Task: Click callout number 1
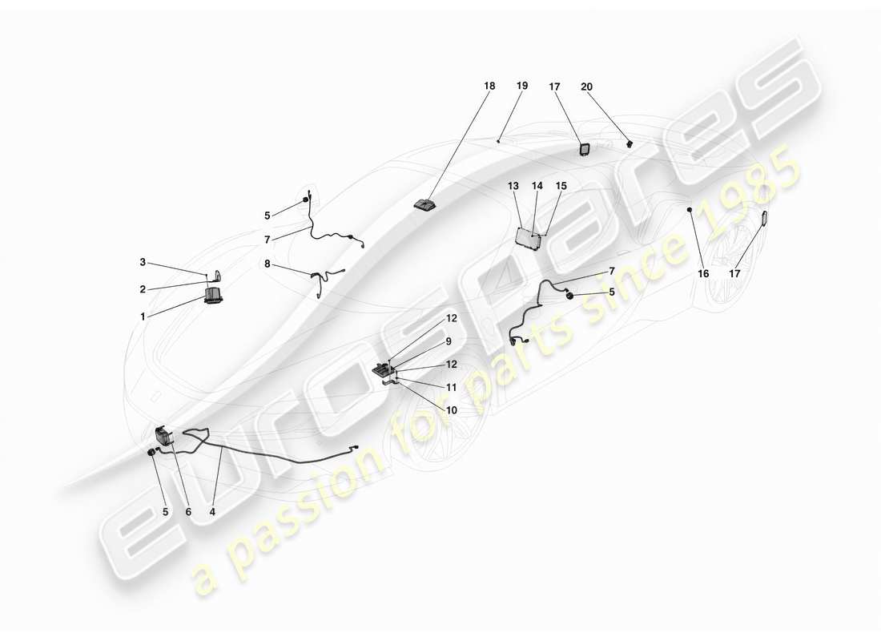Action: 143,316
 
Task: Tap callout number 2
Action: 143,289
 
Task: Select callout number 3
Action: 143,262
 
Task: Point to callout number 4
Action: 212,512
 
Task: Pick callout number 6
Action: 188,512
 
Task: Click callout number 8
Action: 267,263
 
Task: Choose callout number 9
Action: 449,341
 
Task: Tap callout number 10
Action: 451,410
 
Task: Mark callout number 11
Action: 451,388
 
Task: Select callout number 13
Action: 513,186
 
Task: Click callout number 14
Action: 537,186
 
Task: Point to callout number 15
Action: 561,186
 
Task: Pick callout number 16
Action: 703,274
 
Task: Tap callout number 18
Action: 489,86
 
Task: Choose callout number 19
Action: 522,86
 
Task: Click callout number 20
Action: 586,87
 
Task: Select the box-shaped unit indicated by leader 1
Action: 214,296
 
